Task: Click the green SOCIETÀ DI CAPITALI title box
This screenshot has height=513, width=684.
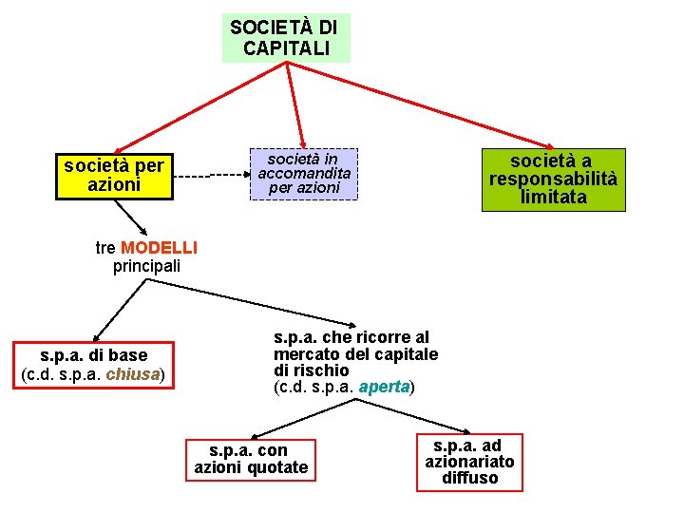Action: pyautogui.click(x=285, y=38)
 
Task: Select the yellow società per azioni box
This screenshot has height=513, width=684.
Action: pyautogui.click(x=115, y=176)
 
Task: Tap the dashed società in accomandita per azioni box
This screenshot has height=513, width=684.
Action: pyautogui.click(x=304, y=174)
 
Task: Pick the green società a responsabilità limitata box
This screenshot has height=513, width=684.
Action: pyautogui.click(x=553, y=179)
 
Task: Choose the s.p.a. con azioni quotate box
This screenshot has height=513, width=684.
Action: pyautogui.click(x=251, y=459)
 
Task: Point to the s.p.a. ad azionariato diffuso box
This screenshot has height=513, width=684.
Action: pyautogui.click(x=469, y=462)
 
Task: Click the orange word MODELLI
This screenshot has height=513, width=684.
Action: pyautogui.click(x=159, y=248)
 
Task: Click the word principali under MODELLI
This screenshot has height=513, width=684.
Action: pyautogui.click(x=146, y=266)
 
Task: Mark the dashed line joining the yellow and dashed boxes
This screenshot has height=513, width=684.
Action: pyautogui.click(x=209, y=176)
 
